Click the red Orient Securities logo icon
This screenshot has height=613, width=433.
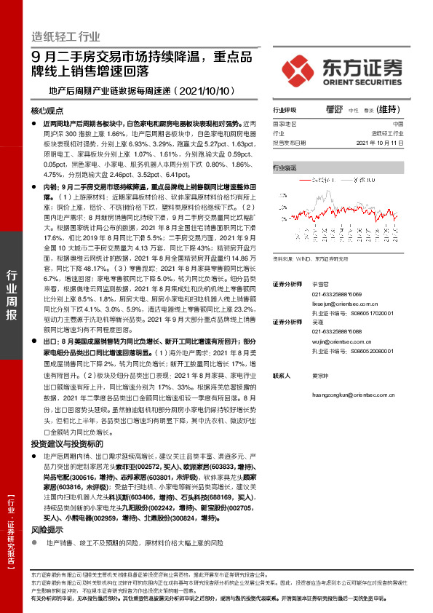point(298,69)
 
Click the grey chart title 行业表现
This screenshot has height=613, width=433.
point(285,167)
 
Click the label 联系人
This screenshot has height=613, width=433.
point(281,376)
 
